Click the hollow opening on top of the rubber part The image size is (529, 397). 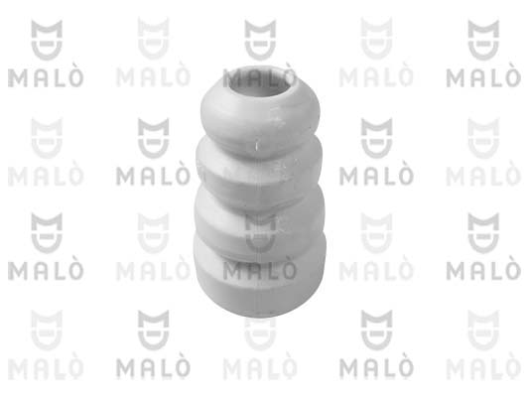[x=260, y=82]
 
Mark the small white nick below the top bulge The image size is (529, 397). [x=257, y=146]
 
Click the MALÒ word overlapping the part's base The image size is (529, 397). [x=260, y=270]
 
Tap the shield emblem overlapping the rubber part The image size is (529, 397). [x=260, y=232]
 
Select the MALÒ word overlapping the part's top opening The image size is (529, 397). [x=259, y=76]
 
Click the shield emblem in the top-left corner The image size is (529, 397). [x=47, y=40]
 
